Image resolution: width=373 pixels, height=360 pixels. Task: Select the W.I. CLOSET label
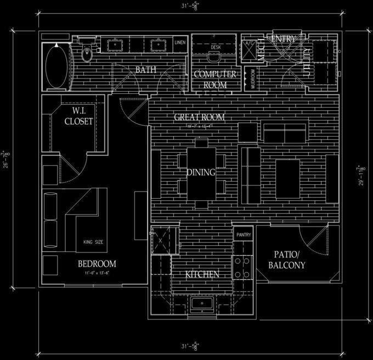click(x=79, y=117)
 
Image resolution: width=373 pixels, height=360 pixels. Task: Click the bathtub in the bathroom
click(x=56, y=66)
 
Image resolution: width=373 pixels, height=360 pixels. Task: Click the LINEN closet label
click(x=180, y=42)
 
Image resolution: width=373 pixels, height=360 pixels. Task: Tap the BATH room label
click(x=146, y=70)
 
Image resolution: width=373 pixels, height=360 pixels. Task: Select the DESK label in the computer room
click(x=215, y=48)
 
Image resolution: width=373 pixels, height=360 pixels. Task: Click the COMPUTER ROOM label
click(x=215, y=80)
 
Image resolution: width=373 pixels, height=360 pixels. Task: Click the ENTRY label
click(x=283, y=40)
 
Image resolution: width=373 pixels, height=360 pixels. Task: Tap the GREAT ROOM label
click(x=199, y=117)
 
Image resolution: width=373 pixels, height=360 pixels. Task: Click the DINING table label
click(x=200, y=172)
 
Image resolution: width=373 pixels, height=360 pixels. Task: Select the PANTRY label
click(x=243, y=234)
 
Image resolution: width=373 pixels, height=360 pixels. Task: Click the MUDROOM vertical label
click(x=253, y=78)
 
